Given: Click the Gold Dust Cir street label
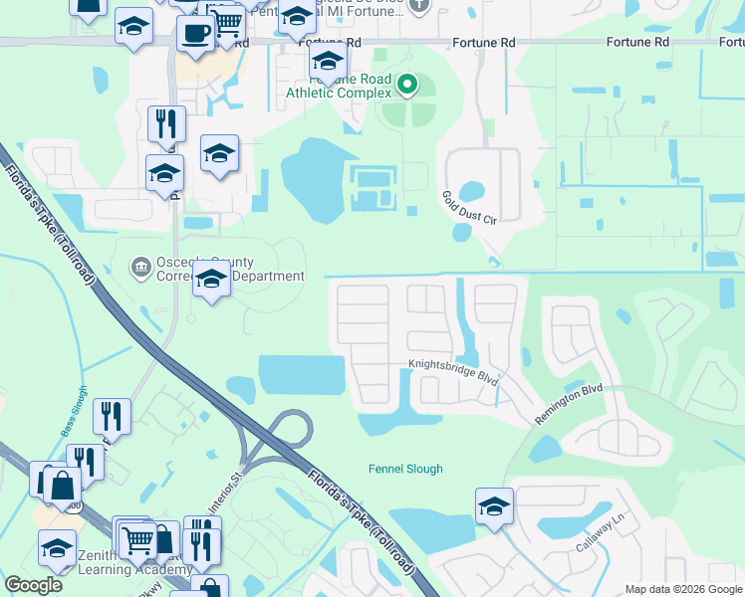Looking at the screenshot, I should (x=468, y=209).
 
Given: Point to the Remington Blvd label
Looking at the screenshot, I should (x=569, y=405).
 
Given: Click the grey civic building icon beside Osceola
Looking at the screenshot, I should (x=140, y=268).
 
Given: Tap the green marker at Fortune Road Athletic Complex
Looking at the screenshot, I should (x=407, y=87).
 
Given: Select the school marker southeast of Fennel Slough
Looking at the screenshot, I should (x=494, y=506).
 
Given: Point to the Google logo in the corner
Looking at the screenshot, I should (x=33, y=585).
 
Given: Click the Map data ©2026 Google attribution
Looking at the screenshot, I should (x=683, y=589).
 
